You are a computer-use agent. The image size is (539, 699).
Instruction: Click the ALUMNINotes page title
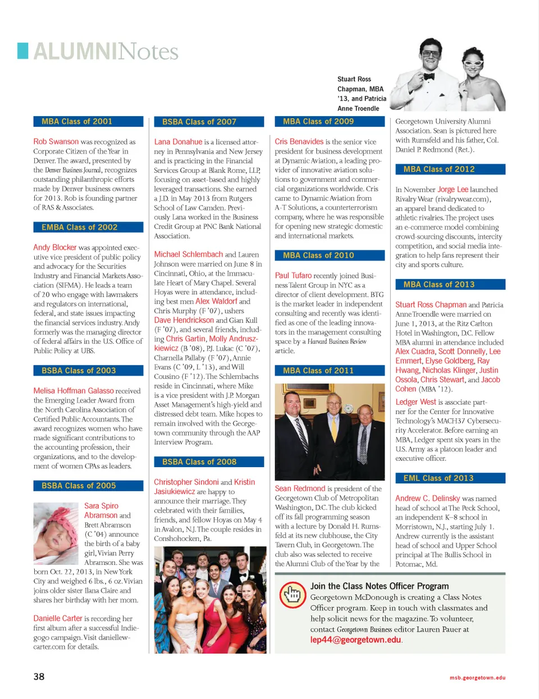106,52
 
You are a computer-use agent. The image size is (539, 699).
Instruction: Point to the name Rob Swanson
56,141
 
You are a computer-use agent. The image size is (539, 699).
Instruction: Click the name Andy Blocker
54,248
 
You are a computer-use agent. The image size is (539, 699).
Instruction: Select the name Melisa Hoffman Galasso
74,391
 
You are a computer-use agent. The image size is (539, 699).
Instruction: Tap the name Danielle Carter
58,618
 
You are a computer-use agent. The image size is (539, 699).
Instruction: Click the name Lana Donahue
178,142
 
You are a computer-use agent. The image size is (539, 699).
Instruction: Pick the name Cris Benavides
299,141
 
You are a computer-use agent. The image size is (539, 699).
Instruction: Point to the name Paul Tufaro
293,276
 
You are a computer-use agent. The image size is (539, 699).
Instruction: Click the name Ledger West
415,402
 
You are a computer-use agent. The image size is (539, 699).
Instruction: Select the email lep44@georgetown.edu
356,640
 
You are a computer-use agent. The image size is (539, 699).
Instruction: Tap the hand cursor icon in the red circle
293,594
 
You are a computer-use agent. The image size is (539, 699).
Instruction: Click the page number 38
39,677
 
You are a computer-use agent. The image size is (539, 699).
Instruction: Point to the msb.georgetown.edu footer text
477,678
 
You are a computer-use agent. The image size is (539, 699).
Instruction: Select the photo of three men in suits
330,432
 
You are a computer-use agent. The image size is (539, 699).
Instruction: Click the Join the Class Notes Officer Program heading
380,586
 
